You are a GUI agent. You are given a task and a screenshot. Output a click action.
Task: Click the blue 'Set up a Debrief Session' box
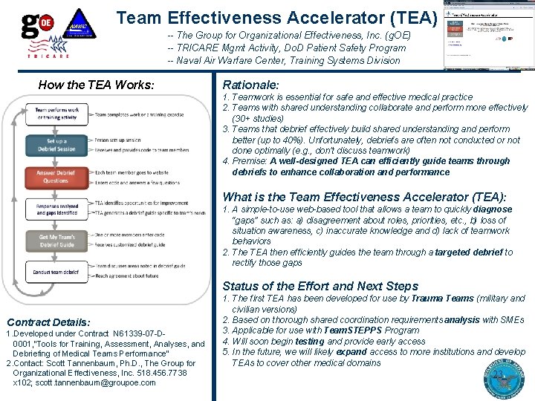(x=56, y=145)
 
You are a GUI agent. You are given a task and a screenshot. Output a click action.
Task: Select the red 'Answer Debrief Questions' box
(x=56, y=176)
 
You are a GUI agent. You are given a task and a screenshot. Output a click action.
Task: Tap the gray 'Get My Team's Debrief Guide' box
(x=56, y=241)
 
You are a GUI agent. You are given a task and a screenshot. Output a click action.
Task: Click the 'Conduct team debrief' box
(x=56, y=272)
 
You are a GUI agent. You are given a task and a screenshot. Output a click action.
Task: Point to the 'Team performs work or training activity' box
(x=56, y=113)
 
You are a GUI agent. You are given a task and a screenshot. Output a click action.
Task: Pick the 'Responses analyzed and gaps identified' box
(x=56, y=209)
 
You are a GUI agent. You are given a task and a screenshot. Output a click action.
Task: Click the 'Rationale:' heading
(x=250, y=85)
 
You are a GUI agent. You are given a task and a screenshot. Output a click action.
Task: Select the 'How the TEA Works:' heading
(x=96, y=85)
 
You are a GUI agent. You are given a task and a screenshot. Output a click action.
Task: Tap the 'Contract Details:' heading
(x=48, y=322)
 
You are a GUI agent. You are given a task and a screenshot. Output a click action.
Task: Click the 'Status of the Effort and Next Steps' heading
(x=320, y=286)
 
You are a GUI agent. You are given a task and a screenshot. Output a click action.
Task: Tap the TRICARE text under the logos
(x=48, y=56)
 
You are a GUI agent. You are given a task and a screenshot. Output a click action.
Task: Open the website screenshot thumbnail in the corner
(x=487, y=34)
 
